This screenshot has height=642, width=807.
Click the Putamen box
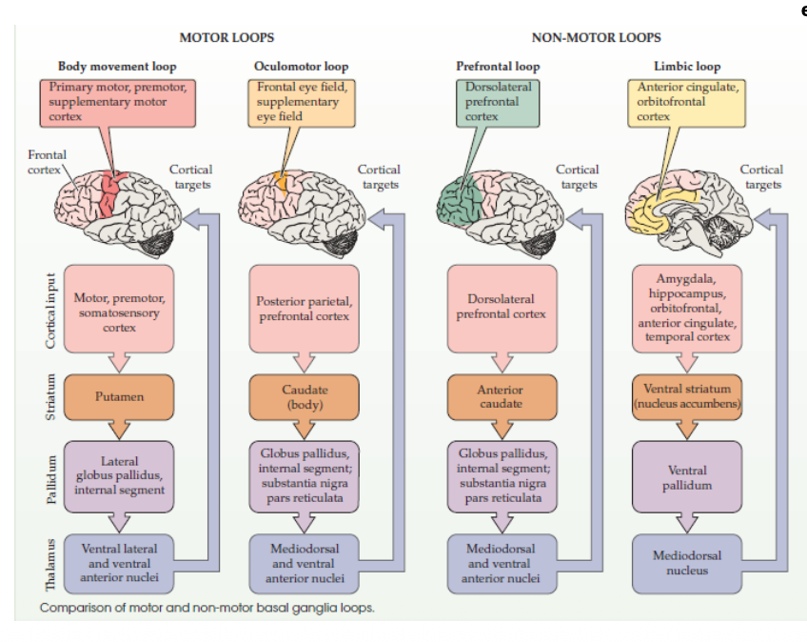[119, 396]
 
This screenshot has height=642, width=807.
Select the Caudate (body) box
[305, 396]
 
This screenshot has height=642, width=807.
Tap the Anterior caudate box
[502, 396]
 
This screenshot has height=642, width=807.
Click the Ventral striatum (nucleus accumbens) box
[686, 396]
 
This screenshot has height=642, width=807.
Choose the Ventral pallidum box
[686, 477]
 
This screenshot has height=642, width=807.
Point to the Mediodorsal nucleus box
[686, 563]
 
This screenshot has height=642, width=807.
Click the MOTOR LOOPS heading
[226, 37]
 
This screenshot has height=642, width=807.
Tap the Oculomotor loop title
[301, 67]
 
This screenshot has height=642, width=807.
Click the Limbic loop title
[686, 67]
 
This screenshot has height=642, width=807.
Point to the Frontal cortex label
[47, 161]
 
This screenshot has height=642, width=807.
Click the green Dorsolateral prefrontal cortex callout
[497, 101]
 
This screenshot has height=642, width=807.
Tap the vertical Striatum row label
[51, 397]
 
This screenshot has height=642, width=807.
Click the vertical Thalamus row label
[51, 564]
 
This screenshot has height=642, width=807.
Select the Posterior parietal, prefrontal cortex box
[305, 309]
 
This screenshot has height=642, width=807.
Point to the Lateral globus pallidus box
[119, 475]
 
